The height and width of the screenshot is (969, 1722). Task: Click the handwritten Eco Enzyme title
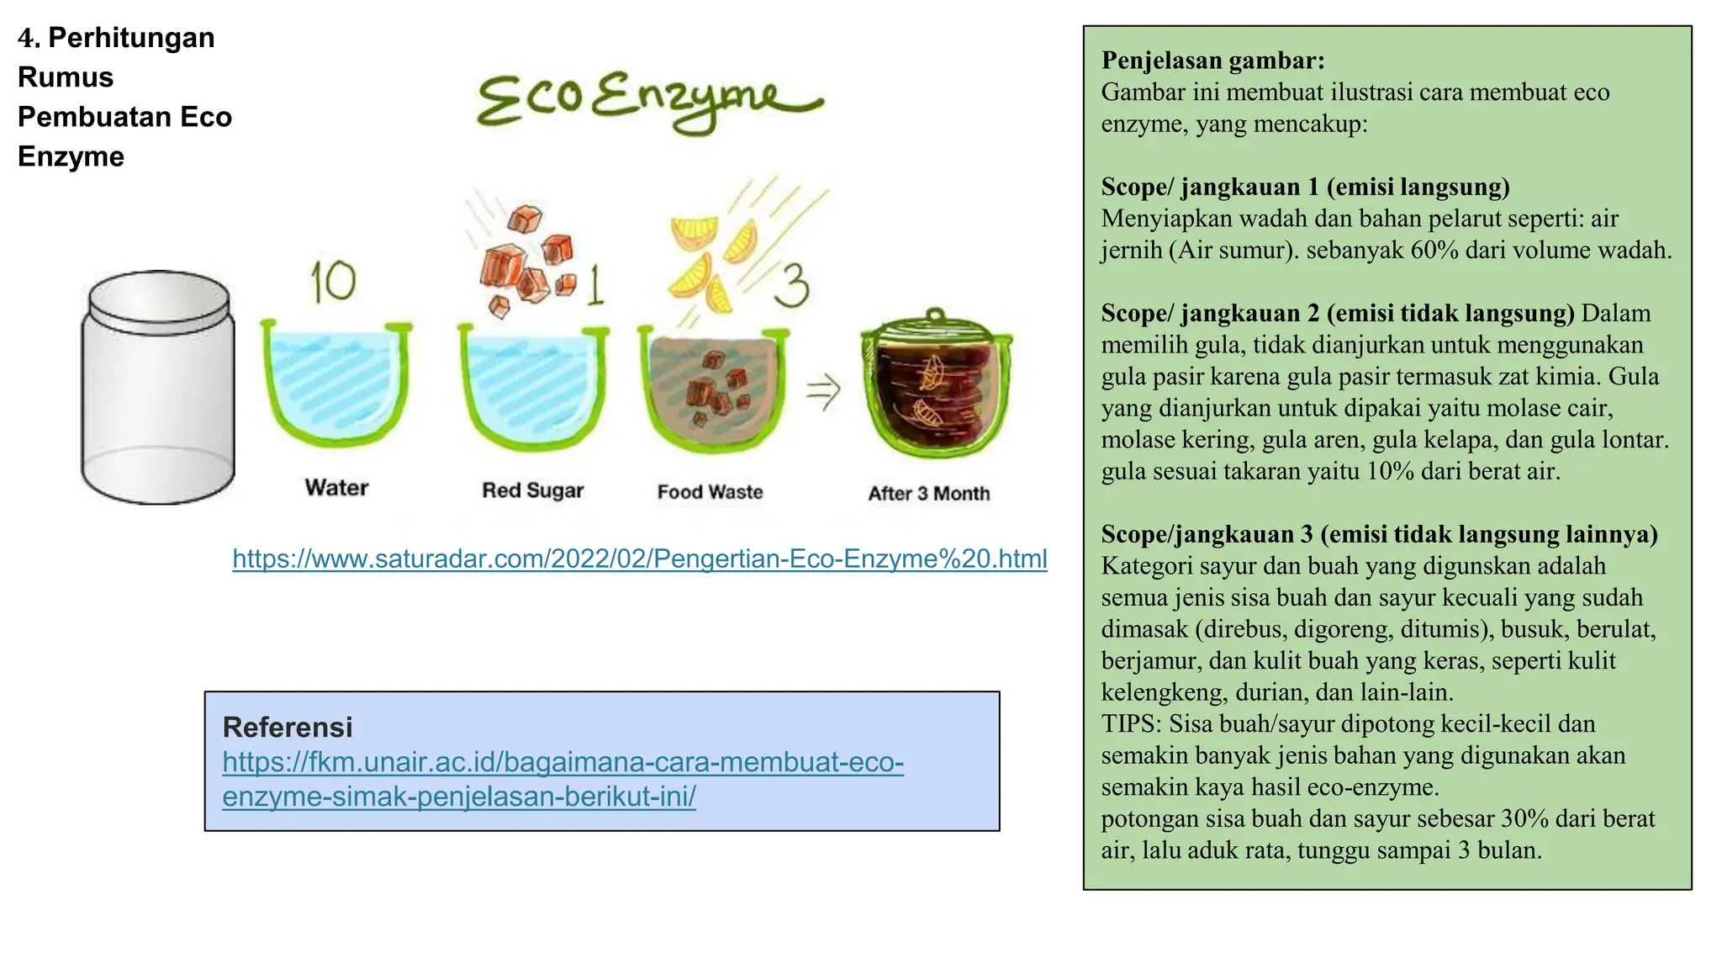[647, 101]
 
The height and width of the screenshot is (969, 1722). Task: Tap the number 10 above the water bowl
[333, 281]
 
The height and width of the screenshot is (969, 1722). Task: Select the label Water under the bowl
[336, 488]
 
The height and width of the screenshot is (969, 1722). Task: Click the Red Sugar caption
[532, 490]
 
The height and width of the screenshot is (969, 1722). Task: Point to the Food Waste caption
[710, 492]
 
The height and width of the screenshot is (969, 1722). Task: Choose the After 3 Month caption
[928, 494]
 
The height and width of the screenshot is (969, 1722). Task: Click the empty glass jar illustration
[158, 387]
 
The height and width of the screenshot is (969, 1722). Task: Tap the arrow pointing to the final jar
[822, 390]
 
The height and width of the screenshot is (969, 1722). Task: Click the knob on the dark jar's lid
[934, 315]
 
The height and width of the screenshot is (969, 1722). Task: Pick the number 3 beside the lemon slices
[791, 286]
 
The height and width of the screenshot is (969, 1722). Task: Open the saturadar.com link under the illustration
[639, 559]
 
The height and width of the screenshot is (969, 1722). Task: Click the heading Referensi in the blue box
[288, 728]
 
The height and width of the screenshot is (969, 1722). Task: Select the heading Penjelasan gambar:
[1212, 61]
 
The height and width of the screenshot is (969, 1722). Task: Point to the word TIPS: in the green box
[1132, 724]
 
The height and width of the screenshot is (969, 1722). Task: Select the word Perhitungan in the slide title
[131, 38]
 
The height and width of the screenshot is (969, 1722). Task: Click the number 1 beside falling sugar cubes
[595, 286]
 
